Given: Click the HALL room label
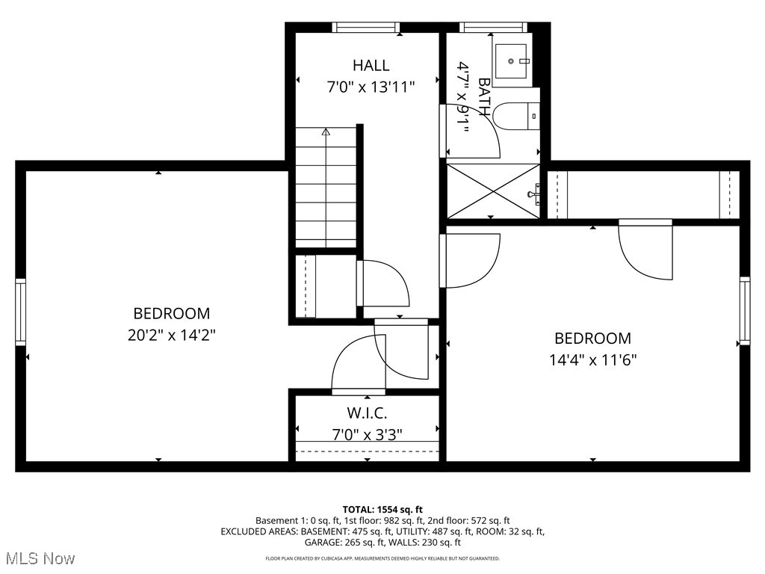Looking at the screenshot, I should (x=371, y=65).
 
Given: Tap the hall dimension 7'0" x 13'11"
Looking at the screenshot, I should (x=371, y=87).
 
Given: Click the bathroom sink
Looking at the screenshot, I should (x=512, y=55).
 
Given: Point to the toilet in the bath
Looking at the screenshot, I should (x=518, y=116).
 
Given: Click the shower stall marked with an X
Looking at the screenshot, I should (x=492, y=191).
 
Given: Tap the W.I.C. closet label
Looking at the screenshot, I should (x=367, y=413).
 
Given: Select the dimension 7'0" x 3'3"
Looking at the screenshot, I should (x=367, y=434).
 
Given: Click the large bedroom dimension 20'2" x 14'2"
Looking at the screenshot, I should (x=172, y=335).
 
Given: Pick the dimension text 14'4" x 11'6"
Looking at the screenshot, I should (x=592, y=359).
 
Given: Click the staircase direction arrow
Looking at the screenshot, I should (x=326, y=132).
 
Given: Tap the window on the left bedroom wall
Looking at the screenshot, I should (x=20, y=312).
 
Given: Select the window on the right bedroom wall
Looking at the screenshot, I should (x=744, y=310).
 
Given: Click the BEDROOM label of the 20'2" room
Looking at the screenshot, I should (x=172, y=313).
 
